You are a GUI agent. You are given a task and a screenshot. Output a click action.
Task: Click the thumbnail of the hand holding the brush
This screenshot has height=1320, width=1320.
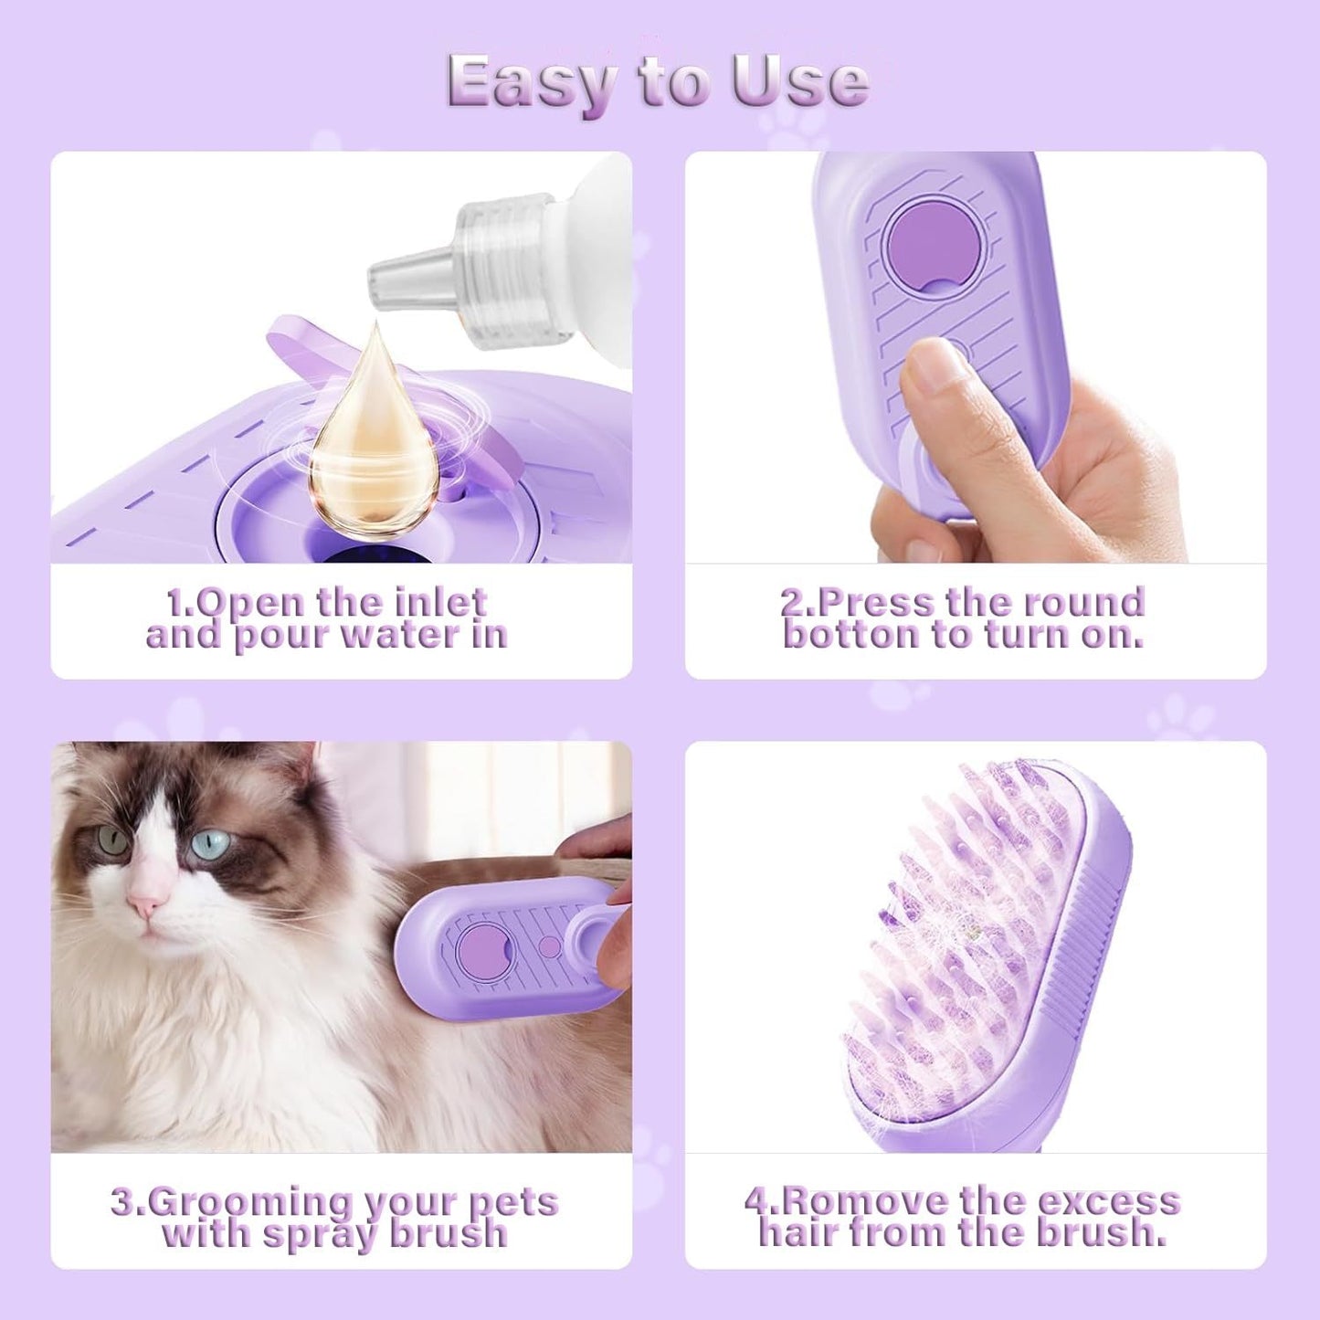tap(975, 356)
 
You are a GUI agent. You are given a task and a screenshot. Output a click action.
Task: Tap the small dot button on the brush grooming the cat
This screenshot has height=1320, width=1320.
tap(550, 946)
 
